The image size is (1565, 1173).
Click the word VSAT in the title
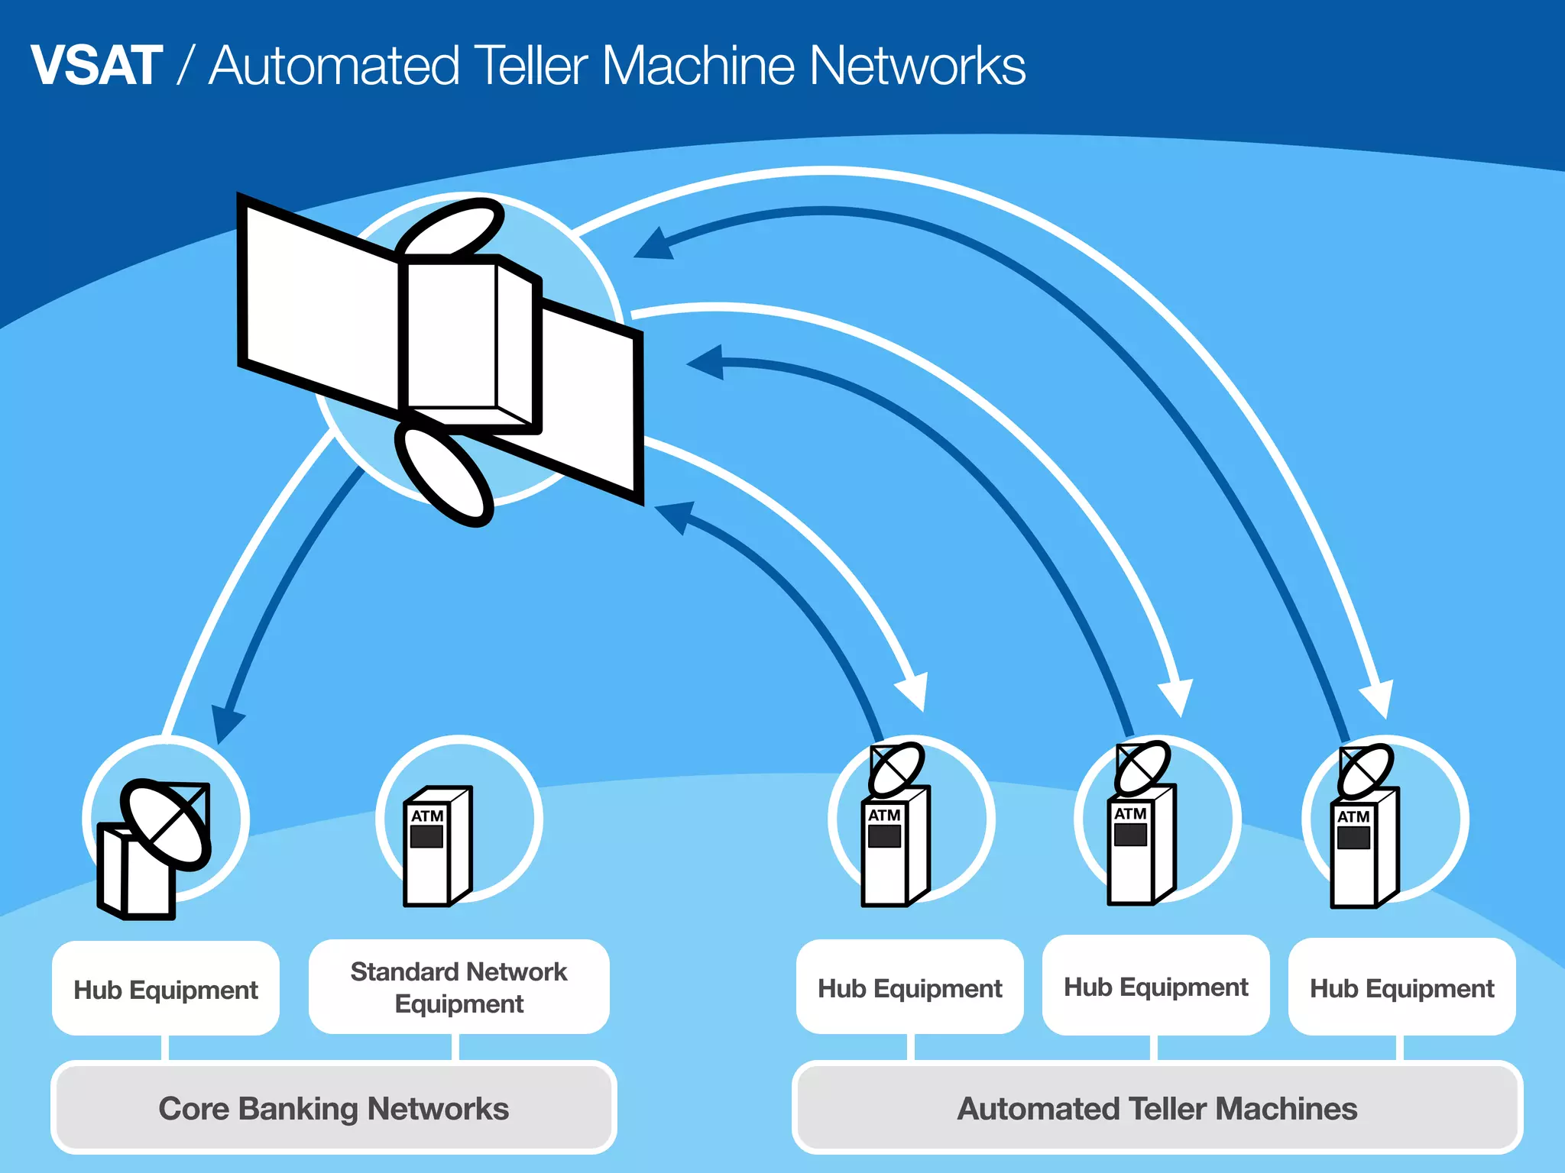(96, 66)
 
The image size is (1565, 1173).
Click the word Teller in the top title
(532, 66)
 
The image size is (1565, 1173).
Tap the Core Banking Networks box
(333, 1108)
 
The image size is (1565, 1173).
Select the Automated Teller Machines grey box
(1157, 1108)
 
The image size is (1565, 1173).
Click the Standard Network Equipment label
(458, 987)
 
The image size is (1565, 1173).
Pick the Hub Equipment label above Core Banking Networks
(165, 990)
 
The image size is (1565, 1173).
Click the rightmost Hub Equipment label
(1401, 988)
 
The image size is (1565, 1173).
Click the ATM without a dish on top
(437, 846)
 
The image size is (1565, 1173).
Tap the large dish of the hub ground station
(167, 825)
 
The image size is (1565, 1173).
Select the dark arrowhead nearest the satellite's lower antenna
(676, 515)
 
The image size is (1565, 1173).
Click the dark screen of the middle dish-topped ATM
(1130, 834)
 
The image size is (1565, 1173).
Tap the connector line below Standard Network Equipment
(455, 1047)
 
